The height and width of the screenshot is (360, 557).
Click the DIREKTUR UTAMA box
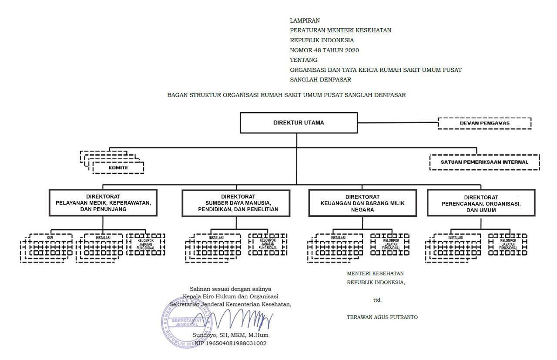click(299, 123)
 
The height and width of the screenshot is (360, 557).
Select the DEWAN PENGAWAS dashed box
click(484, 123)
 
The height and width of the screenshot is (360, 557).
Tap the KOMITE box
click(118, 168)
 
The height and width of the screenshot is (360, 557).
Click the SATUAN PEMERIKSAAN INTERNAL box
click(484, 162)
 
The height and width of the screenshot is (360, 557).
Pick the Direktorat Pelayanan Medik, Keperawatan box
click(103, 203)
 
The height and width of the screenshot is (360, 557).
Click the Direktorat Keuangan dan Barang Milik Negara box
click(362, 203)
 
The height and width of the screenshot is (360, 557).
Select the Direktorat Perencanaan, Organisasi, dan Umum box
click(481, 203)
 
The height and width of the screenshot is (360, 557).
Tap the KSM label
click(50, 238)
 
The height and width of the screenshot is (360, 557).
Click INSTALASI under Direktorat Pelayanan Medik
click(103, 238)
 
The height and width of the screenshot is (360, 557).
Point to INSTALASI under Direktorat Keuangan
click(339, 238)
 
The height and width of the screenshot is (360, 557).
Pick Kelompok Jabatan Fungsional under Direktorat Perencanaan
click(508, 244)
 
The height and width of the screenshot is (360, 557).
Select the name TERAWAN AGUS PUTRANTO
click(382, 317)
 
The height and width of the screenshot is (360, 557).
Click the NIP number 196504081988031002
click(230, 343)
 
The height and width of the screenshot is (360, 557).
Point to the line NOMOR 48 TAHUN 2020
click(324, 50)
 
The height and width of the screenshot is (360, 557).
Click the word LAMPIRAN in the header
click(305, 20)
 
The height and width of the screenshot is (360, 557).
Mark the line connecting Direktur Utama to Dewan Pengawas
click(397, 123)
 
